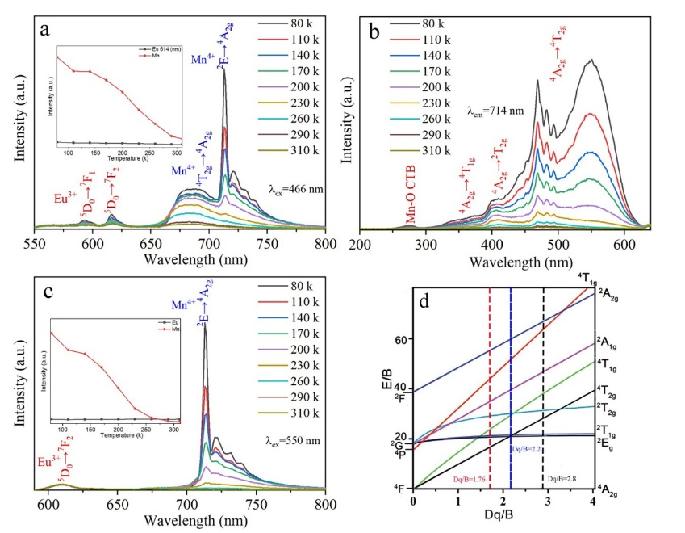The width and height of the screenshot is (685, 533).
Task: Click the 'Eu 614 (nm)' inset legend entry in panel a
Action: tap(168, 50)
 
